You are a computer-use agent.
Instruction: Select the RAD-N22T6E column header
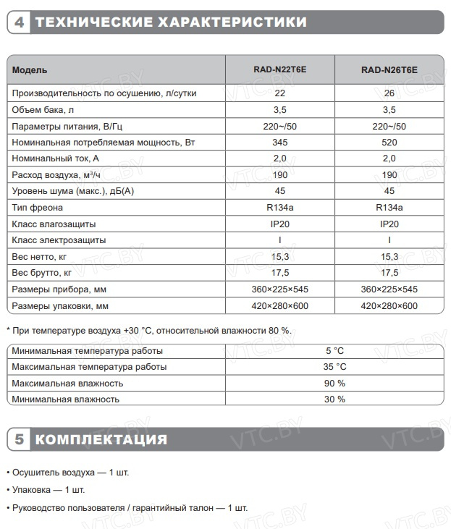(280, 70)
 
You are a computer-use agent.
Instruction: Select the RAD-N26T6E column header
(389, 70)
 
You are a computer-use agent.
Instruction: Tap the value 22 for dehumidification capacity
(280, 93)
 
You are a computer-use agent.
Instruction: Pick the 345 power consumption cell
(280, 143)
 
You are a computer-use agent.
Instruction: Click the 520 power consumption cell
(389, 143)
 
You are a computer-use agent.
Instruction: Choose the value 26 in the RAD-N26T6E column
(389, 93)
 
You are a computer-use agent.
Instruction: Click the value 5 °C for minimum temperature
(334, 351)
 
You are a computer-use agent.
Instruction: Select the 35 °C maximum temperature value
(334, 367)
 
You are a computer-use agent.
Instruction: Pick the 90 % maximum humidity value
(334, 383)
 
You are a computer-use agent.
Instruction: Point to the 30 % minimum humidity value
(334, 399)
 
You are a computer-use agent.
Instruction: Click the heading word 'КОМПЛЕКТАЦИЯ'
(101, 439)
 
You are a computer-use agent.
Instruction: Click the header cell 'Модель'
(30, 70)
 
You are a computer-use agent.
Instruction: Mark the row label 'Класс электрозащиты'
(59, 240)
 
